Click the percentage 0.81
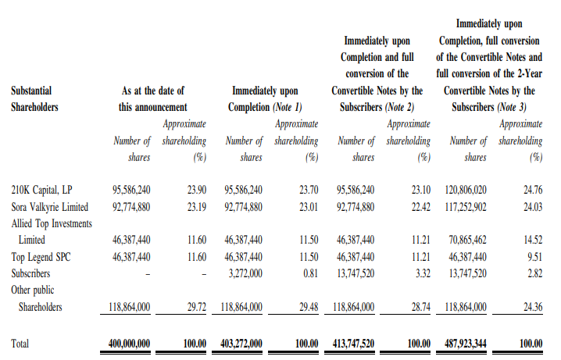tap(309, 273)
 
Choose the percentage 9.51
tap(534, 256)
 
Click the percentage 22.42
tap(420, 207)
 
